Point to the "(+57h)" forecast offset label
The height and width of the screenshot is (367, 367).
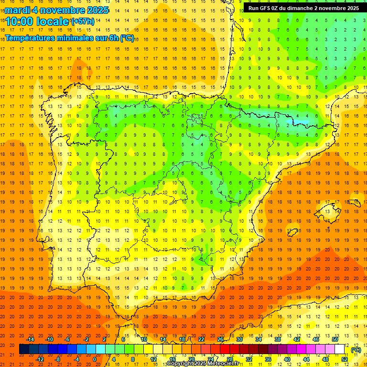point(82,22)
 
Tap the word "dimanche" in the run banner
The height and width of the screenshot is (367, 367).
point(298,8)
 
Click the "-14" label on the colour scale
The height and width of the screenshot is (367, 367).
point(31,339)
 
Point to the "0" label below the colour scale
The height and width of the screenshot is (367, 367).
point(95,359)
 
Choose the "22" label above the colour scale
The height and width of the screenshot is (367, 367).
point(201,339)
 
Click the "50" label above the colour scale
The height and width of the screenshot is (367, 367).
point(335,339)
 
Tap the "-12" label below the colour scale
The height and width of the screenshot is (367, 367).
point(40,359)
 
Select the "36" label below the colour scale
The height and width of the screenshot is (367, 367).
point(268,359)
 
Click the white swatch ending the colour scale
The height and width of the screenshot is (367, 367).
point(340,349)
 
